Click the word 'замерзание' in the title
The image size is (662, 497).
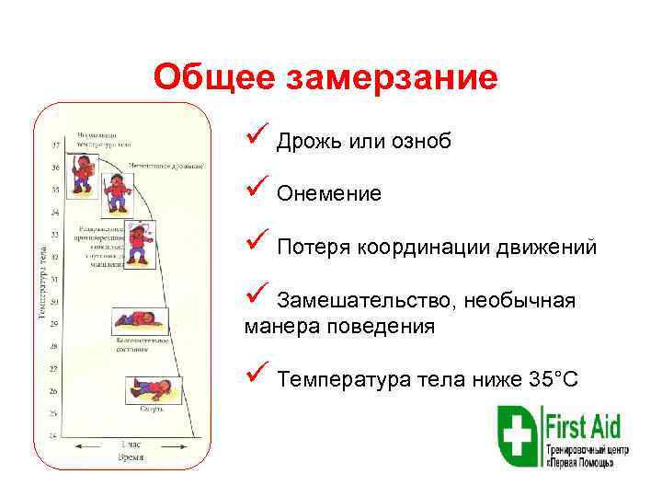393,77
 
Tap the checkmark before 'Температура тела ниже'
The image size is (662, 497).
255,376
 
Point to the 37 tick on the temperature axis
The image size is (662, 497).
55,145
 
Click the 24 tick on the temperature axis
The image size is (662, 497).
55,434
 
